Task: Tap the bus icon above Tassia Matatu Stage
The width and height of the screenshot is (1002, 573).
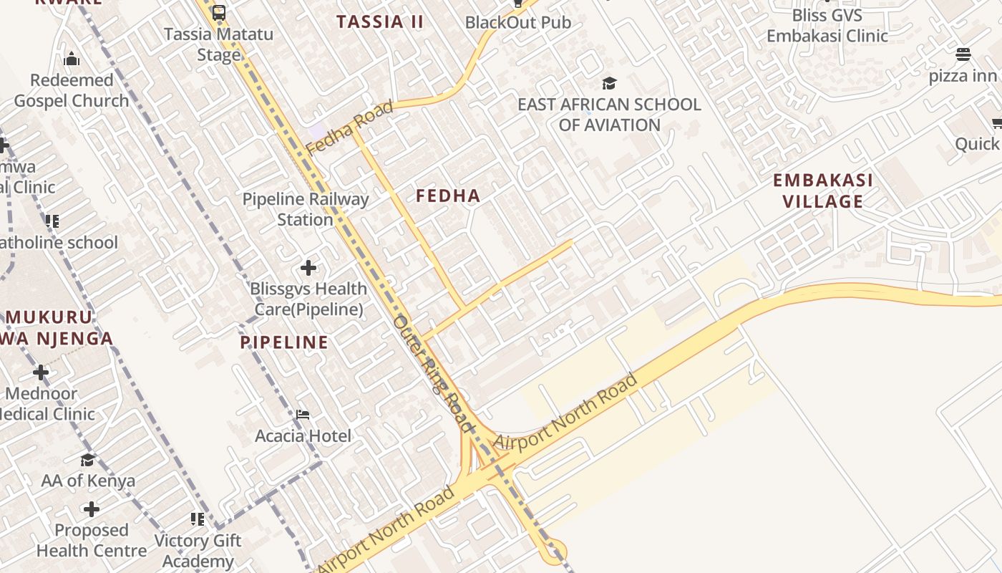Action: [x=219, y=12]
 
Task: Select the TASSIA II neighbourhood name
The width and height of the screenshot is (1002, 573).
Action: [x=380, y=21]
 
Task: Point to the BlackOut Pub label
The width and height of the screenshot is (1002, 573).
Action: [x=518, y=22]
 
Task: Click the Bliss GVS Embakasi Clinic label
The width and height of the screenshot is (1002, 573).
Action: [x=827, y=26]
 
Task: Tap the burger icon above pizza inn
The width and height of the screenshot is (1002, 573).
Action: [x=963, y=54]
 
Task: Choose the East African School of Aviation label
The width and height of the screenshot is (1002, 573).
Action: [x=609, y=115]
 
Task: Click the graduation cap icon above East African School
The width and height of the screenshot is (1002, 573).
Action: [x=609, y=83]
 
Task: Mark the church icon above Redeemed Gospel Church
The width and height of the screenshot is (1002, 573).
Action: [x=72, y=59]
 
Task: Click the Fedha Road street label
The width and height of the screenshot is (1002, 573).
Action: [x=349, y=127]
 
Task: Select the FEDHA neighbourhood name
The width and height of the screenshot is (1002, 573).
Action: [x=448, y=196]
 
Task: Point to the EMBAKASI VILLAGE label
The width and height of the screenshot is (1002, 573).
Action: [x=823, y=191]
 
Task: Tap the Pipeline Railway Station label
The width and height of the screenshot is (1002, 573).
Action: [x=306, y=209]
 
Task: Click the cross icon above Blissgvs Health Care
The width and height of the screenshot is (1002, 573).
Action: [x=308, y=268]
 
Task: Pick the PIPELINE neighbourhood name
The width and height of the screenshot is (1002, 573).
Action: [x=284, y=342]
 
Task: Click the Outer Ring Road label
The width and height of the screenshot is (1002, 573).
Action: [x=434, y=374]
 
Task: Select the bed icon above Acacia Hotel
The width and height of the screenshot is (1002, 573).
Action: [x=303, y=415]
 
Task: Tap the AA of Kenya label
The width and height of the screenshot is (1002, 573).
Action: [x=88, y=481]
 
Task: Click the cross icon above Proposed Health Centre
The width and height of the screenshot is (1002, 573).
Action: [x=92, y=509]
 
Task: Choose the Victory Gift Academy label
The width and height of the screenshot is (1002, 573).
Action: [x=198, y=551]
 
